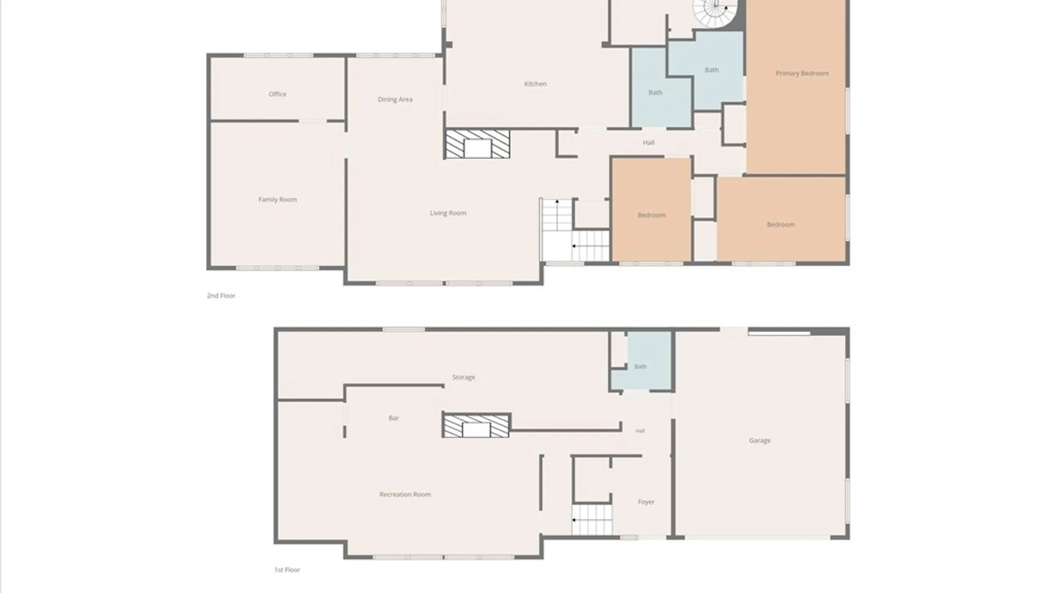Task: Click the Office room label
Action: click(x=277, y=94)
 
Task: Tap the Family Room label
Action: click(x=277, y=199)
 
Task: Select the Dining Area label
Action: click(x=395, y=99)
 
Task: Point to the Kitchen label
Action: click(x=535, y=84)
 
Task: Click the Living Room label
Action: click(x=448, y=213)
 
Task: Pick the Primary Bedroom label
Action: click(x=802, y=73)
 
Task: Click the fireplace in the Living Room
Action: click(x=477, y=144)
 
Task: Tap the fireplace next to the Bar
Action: click(x=476, y=426)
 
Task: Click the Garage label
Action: click(x=760, y=440)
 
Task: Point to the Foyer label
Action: click(x=646, y=502)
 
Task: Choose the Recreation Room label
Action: click(x=405, y=494)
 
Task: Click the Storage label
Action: click(x=464, y=377)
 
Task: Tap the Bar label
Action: click(x=393, y=418)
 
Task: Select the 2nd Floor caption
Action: click(x=221, y=295)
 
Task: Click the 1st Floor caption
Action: click(x=287, y=570)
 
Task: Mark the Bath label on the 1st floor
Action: click(x=641, y=366)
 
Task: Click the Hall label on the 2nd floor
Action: click(x=648, y=143)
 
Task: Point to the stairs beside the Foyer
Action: click(x=592, y=519)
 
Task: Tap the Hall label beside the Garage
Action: click(x=640, y=431)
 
